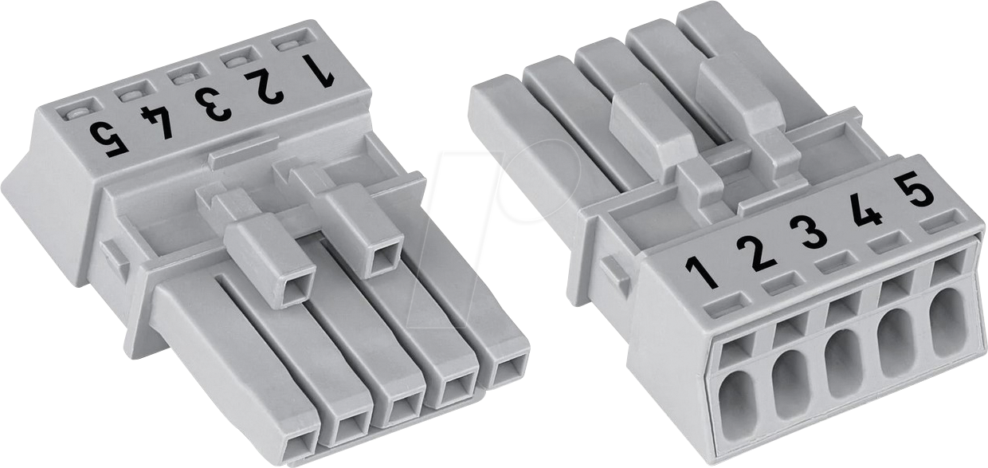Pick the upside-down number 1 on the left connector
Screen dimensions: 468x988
(x=317, y=69)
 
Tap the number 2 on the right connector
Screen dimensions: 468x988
(x=756, y=252)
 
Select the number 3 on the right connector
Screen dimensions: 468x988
(x=809, y=231)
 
